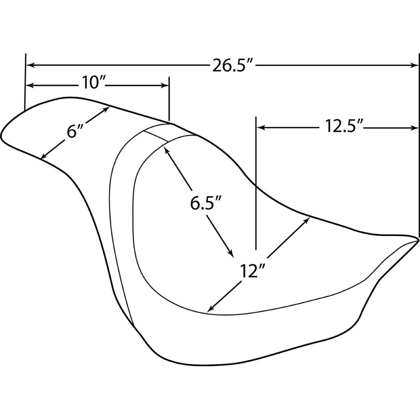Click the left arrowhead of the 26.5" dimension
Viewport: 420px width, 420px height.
coord(30,65)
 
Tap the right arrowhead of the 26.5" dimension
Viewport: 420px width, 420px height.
coord(415,65)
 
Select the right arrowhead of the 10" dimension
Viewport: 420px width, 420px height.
coord(165,85)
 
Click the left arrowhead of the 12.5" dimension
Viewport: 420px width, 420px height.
coord(261,128)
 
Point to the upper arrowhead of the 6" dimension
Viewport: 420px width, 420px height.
coord(106,110)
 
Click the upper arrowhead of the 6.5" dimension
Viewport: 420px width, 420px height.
coord(167,151)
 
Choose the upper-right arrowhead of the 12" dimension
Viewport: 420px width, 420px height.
coord(307,220)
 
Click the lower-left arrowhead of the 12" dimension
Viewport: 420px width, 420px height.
coord(211,309)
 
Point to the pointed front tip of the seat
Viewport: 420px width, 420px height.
coord(418,239)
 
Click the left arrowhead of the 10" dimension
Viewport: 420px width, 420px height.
coord(30,85)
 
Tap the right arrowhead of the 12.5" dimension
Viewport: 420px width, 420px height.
coord(415,128)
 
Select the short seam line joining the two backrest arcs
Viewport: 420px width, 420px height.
coord(156,136)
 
